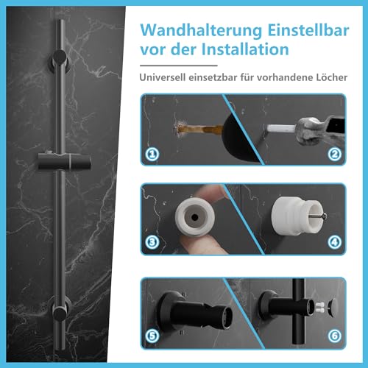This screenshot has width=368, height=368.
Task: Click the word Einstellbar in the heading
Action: tap(302, 32)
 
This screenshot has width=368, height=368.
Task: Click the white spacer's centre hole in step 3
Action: tap(194, 218)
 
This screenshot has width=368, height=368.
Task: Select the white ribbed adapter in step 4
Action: tap(301, 218)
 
